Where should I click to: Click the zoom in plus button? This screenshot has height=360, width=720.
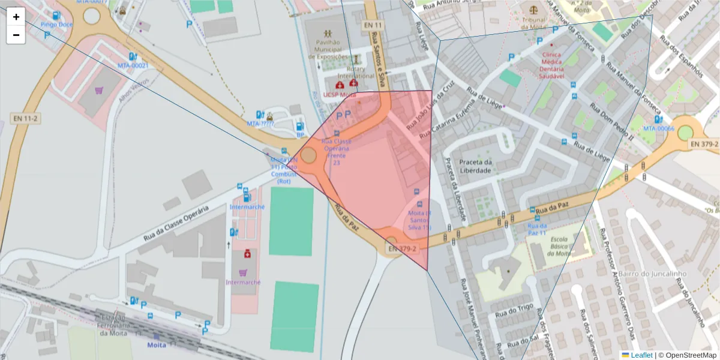click(16, 17)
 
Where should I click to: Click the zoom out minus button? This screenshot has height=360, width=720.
click(16, 35)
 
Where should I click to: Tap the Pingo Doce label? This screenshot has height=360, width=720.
click(57, 25)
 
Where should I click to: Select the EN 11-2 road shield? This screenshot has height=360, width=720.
click(25, 119)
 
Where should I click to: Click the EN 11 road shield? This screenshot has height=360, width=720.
click(372, 25)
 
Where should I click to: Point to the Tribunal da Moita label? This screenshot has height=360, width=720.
click(533, 23)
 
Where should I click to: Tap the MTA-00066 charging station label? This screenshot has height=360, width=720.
click(659, 128)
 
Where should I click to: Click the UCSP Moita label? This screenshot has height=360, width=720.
click(340, 95)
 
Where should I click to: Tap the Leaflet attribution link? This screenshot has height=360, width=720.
click(641, 355)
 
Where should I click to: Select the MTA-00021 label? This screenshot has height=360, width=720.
click(133, 65)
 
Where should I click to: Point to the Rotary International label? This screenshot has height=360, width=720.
click(352, 73)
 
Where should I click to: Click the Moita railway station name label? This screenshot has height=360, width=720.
click(157, 345)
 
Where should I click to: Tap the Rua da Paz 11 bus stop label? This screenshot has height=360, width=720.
click(536, 229)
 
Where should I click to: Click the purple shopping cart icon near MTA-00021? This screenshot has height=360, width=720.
click(99, 91)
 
